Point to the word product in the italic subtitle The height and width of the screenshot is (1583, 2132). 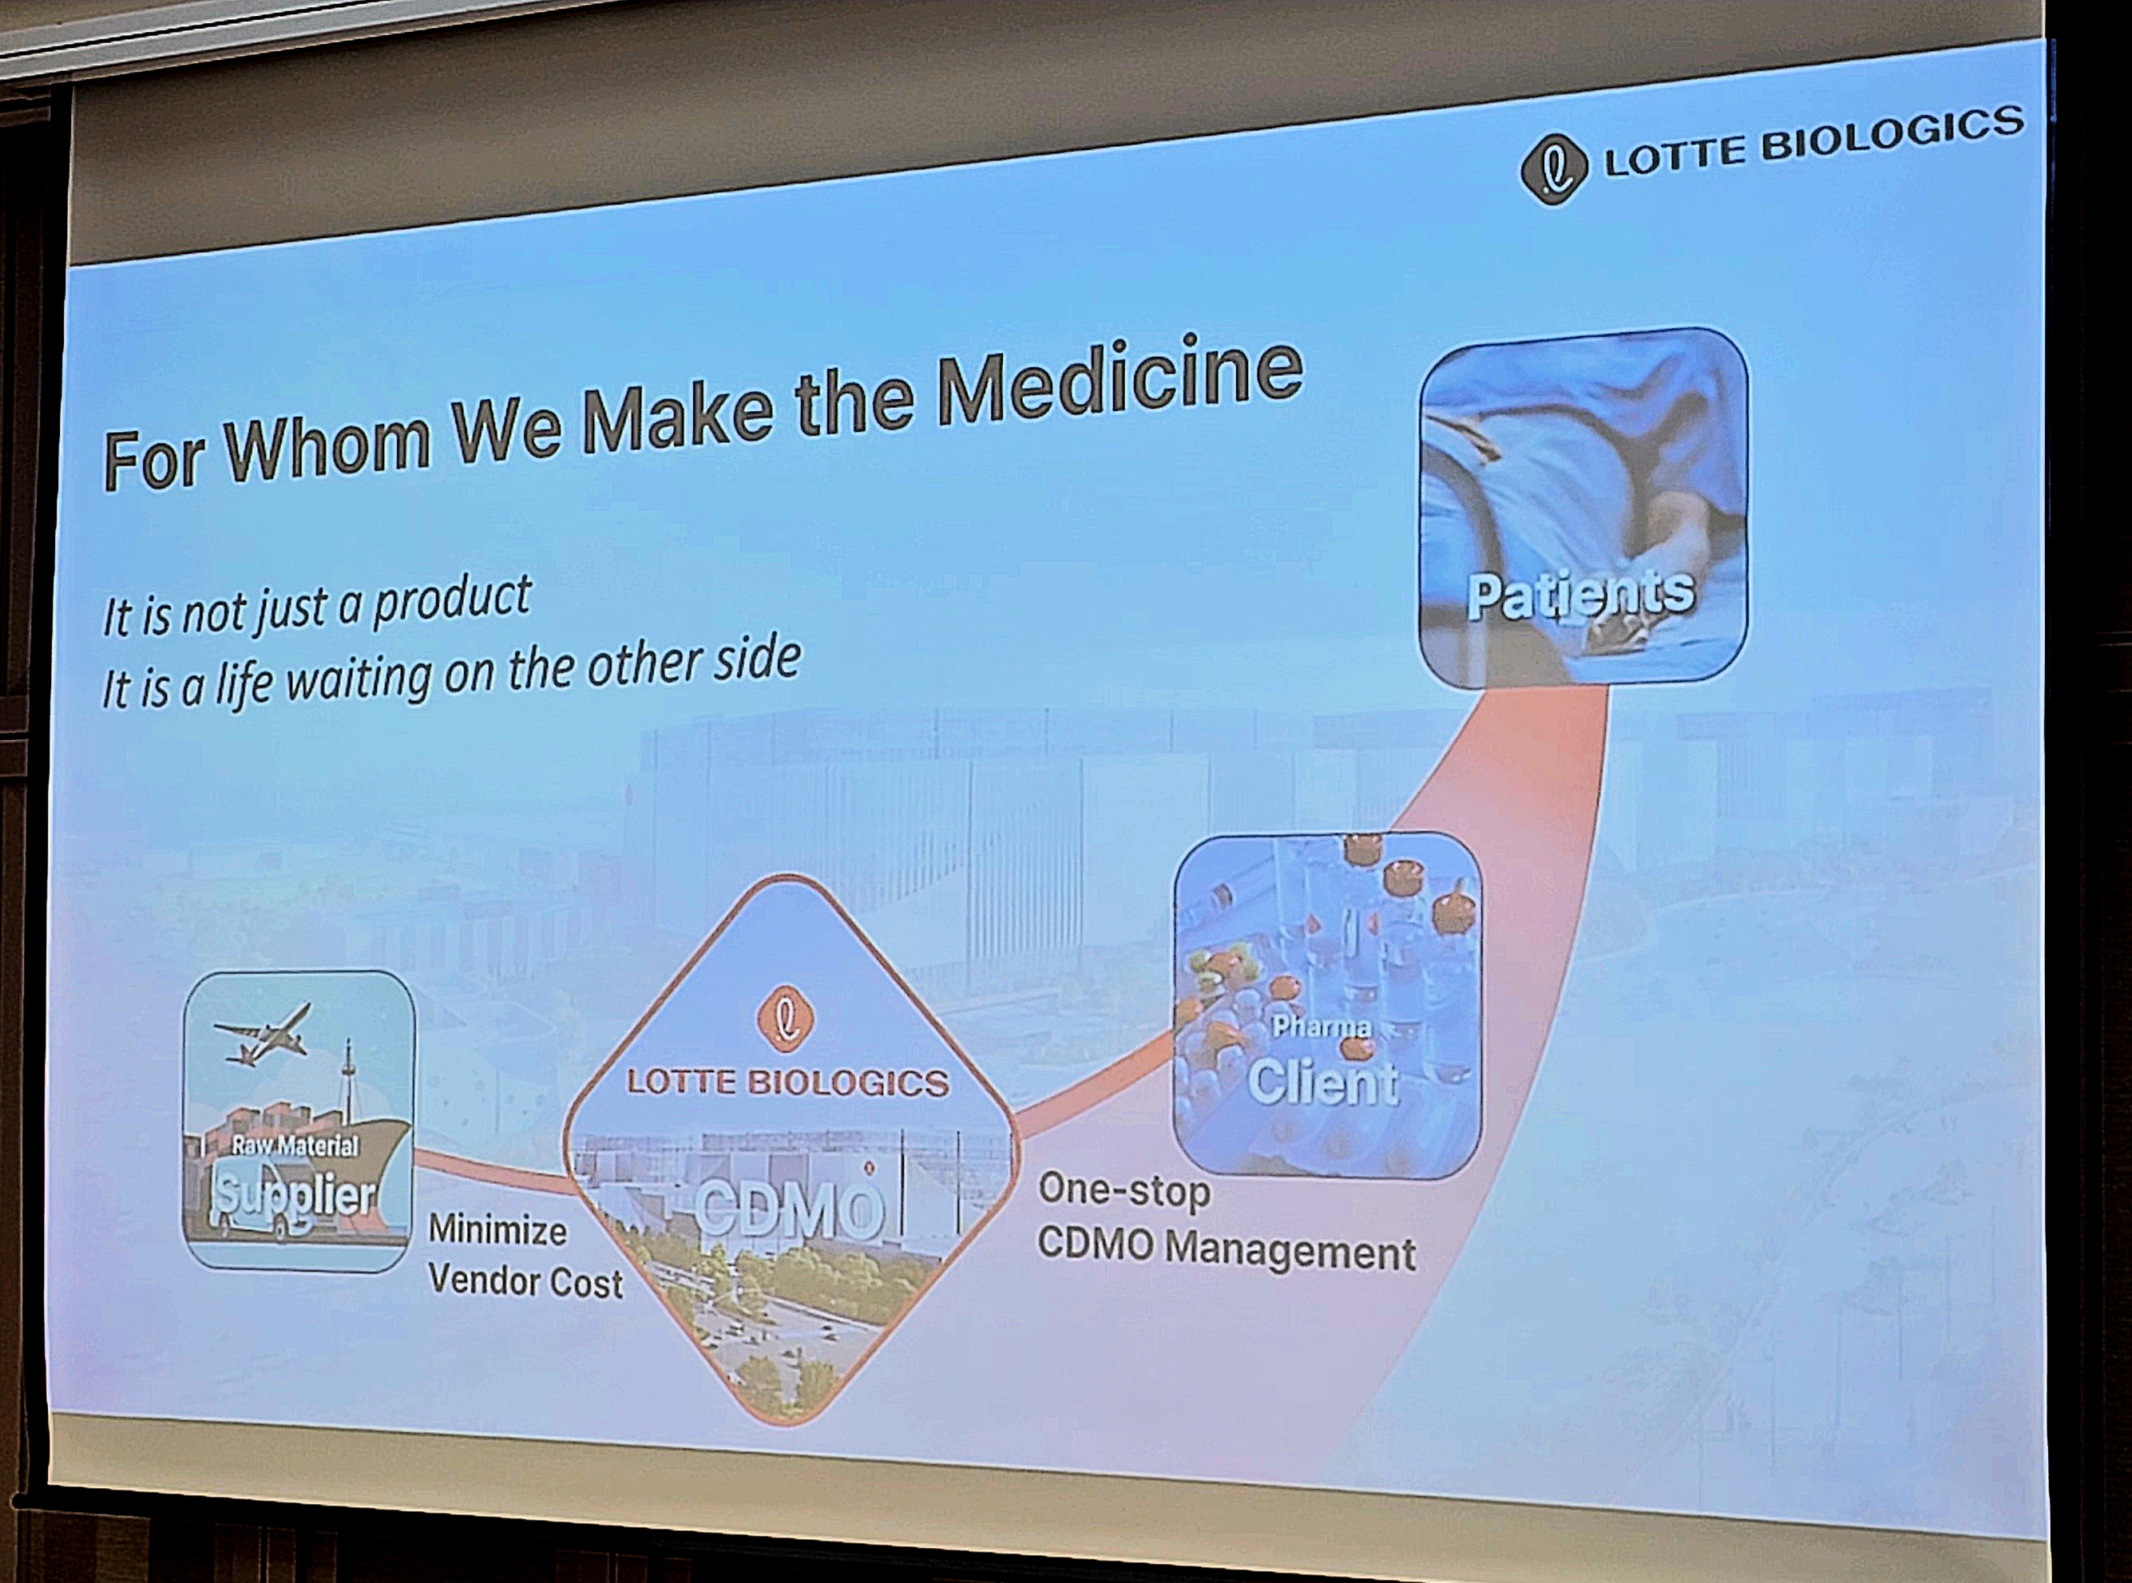click(451, 602)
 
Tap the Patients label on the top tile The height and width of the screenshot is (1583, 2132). click(1581, 593)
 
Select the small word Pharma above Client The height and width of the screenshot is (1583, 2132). click(1322, 1027)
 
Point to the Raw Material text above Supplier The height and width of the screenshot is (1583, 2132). click(295, 1145)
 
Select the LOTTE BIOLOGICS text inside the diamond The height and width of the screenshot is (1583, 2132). click(787, 1082)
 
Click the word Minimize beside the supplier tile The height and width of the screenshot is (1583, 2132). click(497, 1229)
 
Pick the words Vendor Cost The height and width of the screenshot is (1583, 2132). click(525, 1281)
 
